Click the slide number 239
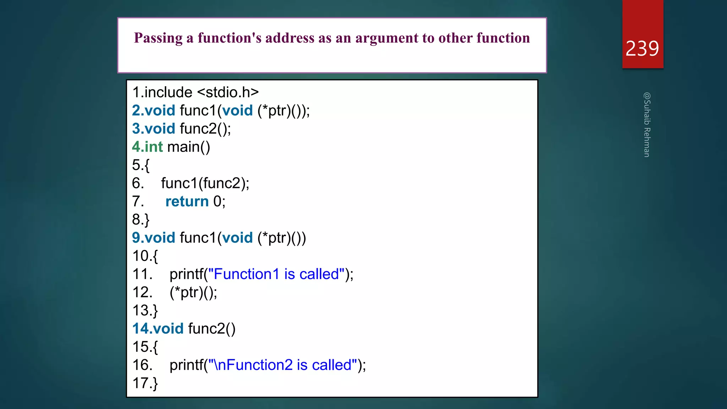pyautogui.click(x=642, y=49)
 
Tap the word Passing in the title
pyautogui.click(x=158, y=38)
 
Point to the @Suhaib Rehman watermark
pyautogui.click(x=647, y=125)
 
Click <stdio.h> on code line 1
pyautogui.click(x=228, y=92)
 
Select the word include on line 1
pyautogui.click(x=168, y=92)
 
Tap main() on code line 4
pyautogui.click(x=188, y=147)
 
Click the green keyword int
pyautogui.click(x=154, y=147)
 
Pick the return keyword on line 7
pyautogui.click(x=187, y=202)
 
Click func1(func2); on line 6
pyautogui.click(x=205, y=184)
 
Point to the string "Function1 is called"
pyautogui.click(x=276, y=274)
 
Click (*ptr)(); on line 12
pyautogui.click(x=193, y=293)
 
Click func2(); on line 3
pyautogui.click(x=205, y=129)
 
